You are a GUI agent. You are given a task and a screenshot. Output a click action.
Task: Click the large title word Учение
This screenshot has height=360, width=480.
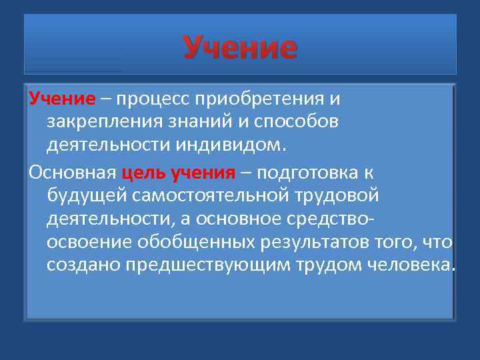tap(240, 48)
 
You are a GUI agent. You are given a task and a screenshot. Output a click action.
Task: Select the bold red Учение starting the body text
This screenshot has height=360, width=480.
tap(62, 99)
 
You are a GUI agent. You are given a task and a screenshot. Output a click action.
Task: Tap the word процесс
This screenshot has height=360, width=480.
tap(155, 99)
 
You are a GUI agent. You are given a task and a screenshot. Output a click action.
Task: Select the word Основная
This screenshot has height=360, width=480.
tap(73, 173)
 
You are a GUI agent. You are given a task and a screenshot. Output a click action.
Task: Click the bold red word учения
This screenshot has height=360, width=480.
tap(203, 173)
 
